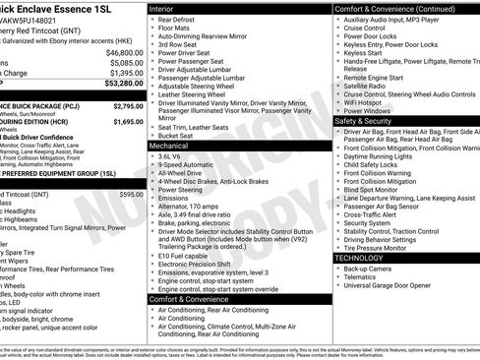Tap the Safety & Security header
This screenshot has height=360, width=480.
click(368, 121)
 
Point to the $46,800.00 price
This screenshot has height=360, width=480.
click(125, 52)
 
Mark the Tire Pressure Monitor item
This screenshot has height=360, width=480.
click(385, 247)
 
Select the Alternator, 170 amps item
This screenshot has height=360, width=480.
click(197, 205)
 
